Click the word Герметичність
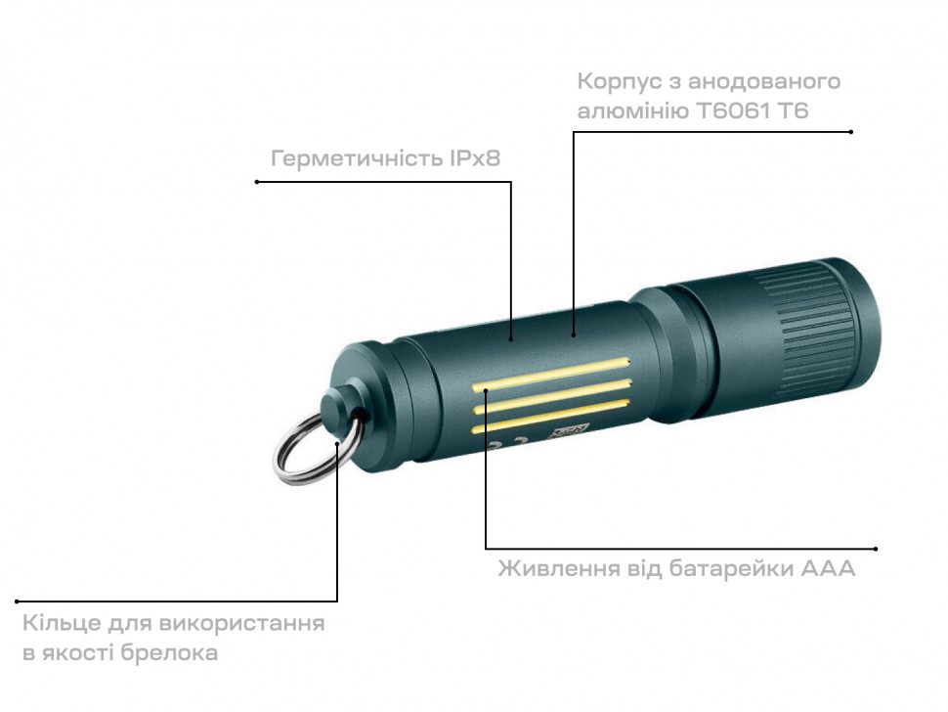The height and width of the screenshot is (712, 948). point(358,158)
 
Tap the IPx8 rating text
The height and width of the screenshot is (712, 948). point(475,157)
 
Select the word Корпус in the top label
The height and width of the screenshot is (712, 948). point(618,82)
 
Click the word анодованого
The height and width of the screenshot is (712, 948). point(764,81)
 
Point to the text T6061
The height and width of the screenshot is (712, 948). point(733,111)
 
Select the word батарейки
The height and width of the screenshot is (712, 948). point(732,568)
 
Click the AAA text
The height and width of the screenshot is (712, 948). point(828,568)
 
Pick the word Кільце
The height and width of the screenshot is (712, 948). point(62,623)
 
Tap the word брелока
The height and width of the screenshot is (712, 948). point(169,653)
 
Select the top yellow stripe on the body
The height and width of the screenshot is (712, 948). point(551,374)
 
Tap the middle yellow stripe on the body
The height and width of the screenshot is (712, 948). point(551,395)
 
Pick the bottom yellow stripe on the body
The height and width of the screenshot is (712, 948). point(550,417)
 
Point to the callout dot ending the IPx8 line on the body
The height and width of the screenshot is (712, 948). point(511,339)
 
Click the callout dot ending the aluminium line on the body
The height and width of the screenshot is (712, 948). point(574,334)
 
